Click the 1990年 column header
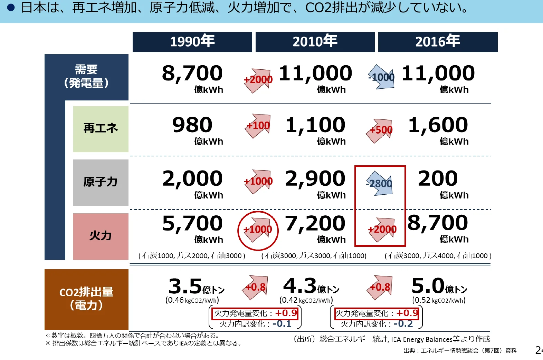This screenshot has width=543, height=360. click(192, 42)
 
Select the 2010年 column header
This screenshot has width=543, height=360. click(315, 42)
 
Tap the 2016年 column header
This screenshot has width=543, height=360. click(438, 42)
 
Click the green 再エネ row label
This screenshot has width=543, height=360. click(101, 129)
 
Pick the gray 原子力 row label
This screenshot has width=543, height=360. click(101, 182)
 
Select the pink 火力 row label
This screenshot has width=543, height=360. click(101, 236)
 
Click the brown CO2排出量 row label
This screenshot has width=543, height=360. click(86, 299)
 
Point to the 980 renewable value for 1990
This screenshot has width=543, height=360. click(192, 125)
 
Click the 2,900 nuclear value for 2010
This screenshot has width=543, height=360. click(315, 179)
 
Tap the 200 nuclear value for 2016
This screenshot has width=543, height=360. click(438, 179)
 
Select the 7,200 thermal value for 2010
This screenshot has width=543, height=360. click(315, 223)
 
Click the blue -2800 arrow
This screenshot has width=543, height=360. click(380, 183)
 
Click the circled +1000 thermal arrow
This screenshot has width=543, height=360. click(258, 230)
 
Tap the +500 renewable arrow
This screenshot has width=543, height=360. click(381, 130)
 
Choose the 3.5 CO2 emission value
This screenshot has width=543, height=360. click(185, 286)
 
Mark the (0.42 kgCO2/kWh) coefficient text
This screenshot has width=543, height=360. click(306, 300)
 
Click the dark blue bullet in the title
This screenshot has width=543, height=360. click(11, 8)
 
